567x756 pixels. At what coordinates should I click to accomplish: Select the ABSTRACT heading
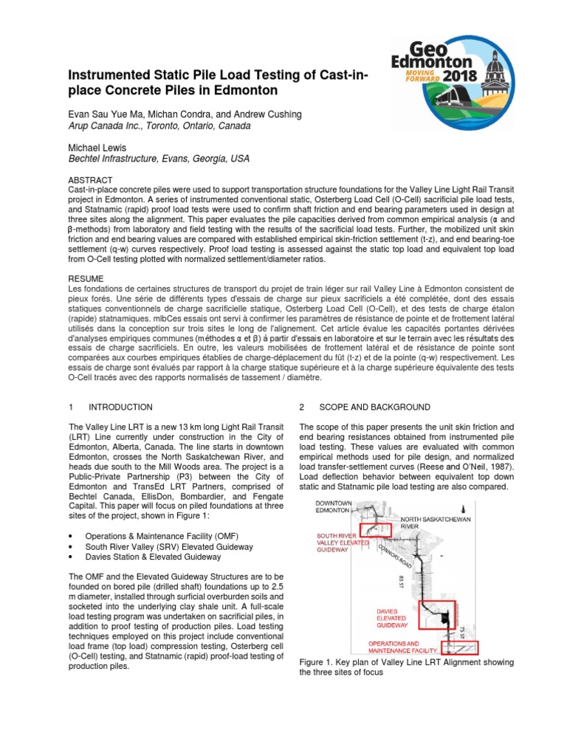point(90,180)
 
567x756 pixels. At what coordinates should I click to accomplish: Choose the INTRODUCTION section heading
point(120,407)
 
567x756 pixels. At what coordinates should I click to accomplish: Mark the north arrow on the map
point(463,508)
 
